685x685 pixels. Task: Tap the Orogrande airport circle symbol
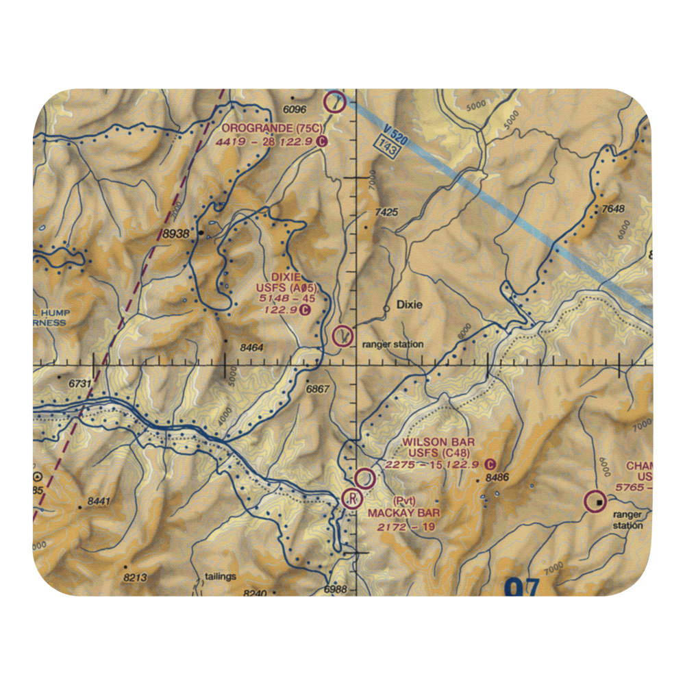tap(334, 102)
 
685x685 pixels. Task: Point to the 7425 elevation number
tap(386, 213)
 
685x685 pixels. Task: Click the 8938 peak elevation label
tap(176, 234)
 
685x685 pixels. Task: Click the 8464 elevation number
tap(252, 348)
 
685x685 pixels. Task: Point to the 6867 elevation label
tap(318, 388)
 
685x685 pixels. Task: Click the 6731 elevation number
tap(79, 384)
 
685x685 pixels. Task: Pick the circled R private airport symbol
tap(352, 498)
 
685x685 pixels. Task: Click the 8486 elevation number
tap(497, 477)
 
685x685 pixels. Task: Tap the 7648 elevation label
tap(613, 209)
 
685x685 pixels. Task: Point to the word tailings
tap(220, 576)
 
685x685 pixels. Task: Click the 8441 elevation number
tap(99, 501)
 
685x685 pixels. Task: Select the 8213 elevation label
tap(135, 577)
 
